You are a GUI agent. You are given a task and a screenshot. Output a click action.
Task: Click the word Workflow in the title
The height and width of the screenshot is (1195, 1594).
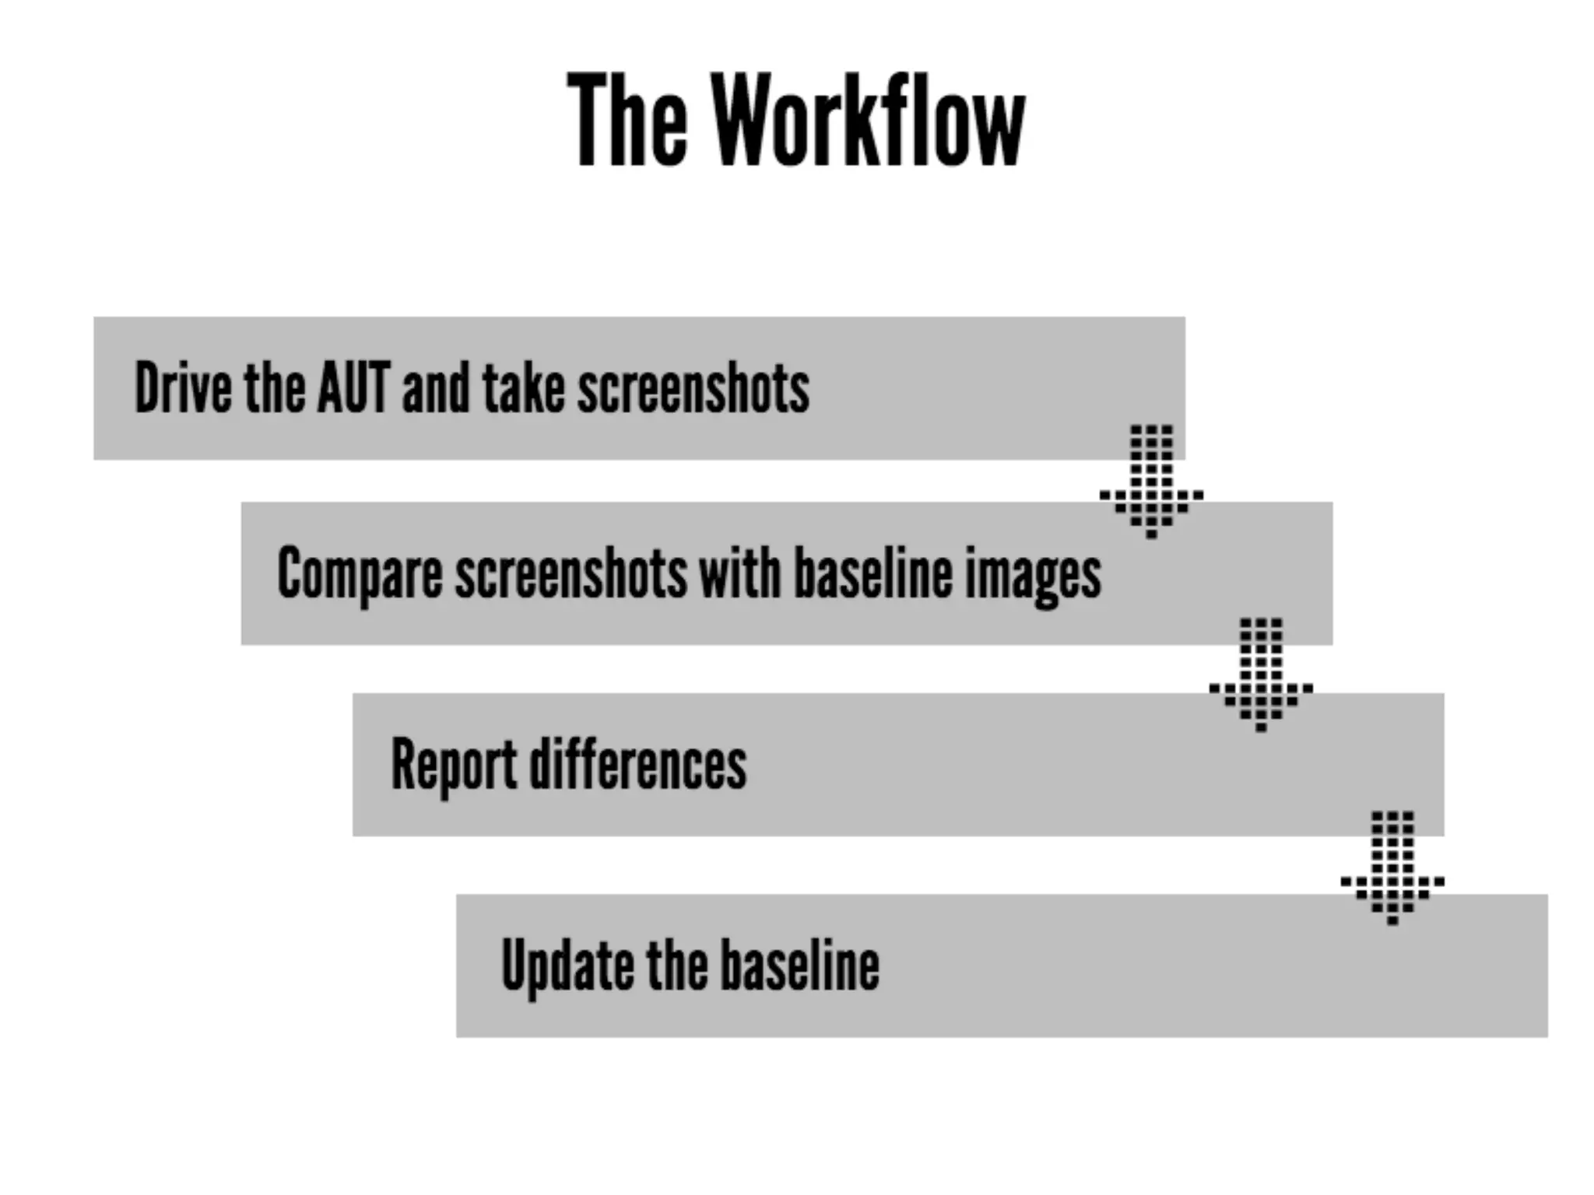[869, 121]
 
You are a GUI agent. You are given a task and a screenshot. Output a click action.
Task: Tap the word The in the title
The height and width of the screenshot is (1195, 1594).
[627, 121]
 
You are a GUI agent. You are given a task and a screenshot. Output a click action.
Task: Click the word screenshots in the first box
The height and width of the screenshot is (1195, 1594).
[693, 387]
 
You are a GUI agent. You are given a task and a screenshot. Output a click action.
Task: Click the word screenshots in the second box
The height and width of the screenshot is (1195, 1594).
[571, 574]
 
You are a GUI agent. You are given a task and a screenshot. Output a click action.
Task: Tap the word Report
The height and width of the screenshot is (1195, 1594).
[454, 765]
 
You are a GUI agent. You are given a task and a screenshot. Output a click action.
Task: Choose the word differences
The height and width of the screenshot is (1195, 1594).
[638, 765]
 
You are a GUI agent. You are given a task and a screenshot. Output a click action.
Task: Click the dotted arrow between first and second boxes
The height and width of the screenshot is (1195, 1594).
[1151, 482]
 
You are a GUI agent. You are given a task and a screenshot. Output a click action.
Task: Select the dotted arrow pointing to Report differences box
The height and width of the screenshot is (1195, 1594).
[1261, 675]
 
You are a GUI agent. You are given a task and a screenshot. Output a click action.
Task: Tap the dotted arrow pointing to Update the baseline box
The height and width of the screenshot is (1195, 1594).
[1392, 867]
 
